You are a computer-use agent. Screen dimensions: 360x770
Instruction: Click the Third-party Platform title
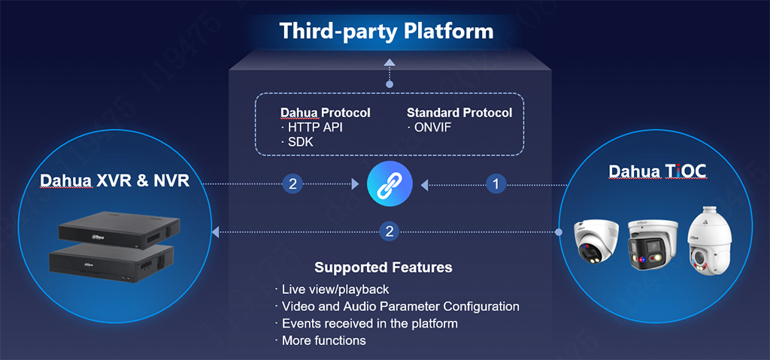coord(387,32)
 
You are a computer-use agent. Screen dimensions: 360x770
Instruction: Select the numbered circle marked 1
coord(495,183)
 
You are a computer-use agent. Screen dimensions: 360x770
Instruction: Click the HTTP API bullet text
coord(315,128)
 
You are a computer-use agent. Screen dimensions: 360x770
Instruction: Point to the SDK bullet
coord(299,142)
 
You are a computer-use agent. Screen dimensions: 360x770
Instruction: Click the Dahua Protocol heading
coord(325,113)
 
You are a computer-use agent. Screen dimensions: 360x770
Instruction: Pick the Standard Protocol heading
coord(459,113)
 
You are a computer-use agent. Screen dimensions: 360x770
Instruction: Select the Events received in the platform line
coord(369,323)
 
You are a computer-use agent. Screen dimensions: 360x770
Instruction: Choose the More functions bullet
coord(323,340)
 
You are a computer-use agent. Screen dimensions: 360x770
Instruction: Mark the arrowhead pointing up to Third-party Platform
coord(389,62)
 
